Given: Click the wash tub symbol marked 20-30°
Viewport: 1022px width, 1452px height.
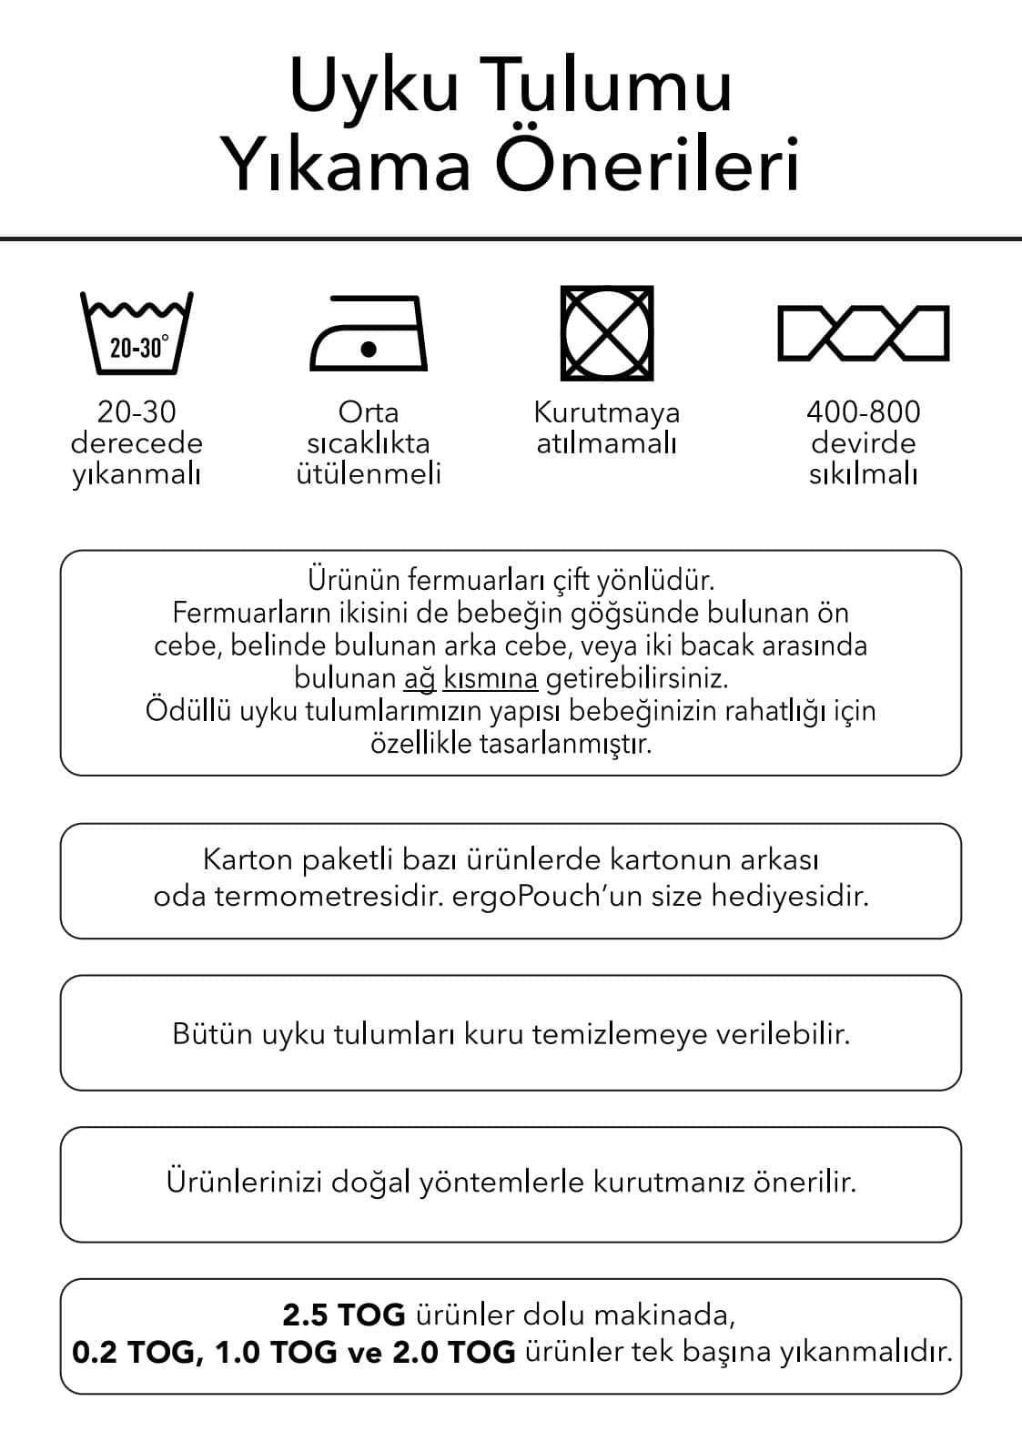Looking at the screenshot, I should click(137, 333).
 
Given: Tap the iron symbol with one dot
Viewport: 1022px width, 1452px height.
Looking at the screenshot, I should click(369, 333).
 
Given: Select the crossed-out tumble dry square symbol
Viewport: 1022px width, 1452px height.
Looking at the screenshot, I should click(607, 333).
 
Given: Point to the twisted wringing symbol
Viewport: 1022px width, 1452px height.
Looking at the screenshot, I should click(863, 333).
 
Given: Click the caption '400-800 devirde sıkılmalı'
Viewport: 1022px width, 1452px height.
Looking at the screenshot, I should click(863, 443).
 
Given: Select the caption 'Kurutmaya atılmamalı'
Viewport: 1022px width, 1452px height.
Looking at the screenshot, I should click(607, 428).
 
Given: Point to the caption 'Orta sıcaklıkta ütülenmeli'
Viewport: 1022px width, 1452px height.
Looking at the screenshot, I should click(369, 443).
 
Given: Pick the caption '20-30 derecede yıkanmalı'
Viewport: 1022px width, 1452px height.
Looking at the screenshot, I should click(137, 443).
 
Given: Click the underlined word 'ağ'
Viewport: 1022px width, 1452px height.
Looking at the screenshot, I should click(420, 679).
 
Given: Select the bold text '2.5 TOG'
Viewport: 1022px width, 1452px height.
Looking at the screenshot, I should click(344, 1315).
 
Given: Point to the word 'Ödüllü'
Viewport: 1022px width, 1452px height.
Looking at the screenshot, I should click(188, 711).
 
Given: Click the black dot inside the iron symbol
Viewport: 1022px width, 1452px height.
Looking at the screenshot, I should click(369, 349).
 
